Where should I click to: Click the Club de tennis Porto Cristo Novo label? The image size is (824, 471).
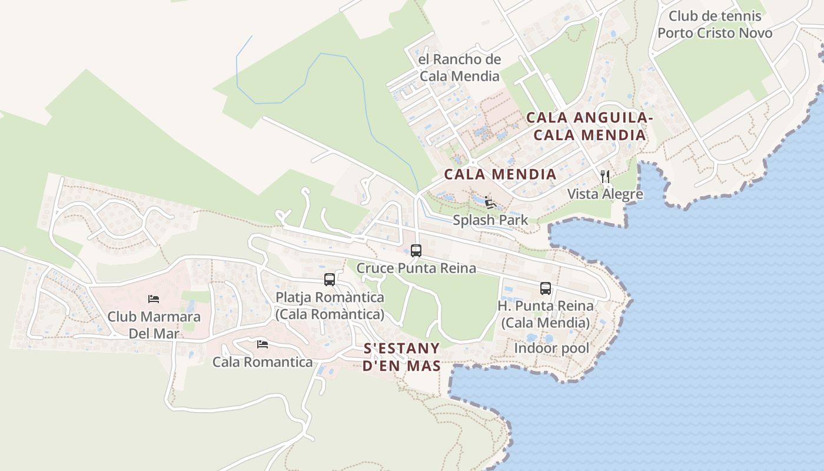(715, 25)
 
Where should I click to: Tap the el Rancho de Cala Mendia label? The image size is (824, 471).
(460, 68)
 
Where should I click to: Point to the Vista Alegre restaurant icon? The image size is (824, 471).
(604, 176)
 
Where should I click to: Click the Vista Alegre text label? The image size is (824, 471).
(605, 194)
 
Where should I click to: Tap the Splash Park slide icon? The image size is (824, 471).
(490, 203)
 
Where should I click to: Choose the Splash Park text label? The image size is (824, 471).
(490, 220)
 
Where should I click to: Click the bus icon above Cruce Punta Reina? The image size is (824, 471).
(416, 251)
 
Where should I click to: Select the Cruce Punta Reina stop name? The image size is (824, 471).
(416, 268)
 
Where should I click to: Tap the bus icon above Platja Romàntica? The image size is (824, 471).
(330, 280)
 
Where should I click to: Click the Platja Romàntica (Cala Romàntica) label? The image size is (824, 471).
(330, 306)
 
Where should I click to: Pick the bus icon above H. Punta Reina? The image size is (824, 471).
(546, 288)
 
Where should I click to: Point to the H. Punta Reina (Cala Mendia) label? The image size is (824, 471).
(546, 314)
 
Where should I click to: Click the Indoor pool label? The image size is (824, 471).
(551, 348)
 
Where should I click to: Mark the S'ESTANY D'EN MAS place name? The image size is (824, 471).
(402, 357)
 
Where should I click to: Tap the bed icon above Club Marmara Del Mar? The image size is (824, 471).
(154, 299)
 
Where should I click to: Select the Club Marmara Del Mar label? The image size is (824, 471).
(154, 325)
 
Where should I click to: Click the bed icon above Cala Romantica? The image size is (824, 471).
(263, 344)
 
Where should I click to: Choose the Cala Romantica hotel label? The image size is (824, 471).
(263, 361)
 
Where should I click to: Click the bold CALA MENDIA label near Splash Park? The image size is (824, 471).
(500, 174)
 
